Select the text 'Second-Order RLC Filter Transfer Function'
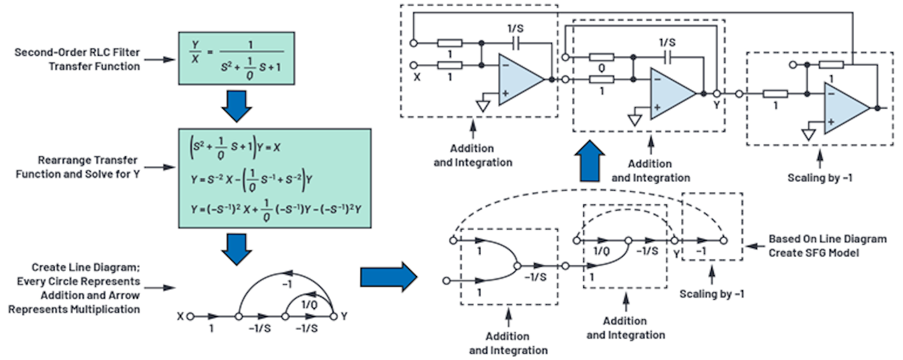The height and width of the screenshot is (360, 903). click(x=78, y=59)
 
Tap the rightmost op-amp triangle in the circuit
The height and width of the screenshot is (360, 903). click(x=845, y=109)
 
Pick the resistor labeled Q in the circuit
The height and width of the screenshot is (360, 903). click(x=601, y=57)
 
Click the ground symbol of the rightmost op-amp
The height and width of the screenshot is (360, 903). click(x=808, y=134)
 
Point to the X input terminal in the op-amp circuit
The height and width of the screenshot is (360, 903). click(x=415, y=65)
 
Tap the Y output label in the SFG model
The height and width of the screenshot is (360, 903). click(x=676, y=253)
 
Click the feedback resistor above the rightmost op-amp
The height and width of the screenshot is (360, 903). click(x=832, y=65)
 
